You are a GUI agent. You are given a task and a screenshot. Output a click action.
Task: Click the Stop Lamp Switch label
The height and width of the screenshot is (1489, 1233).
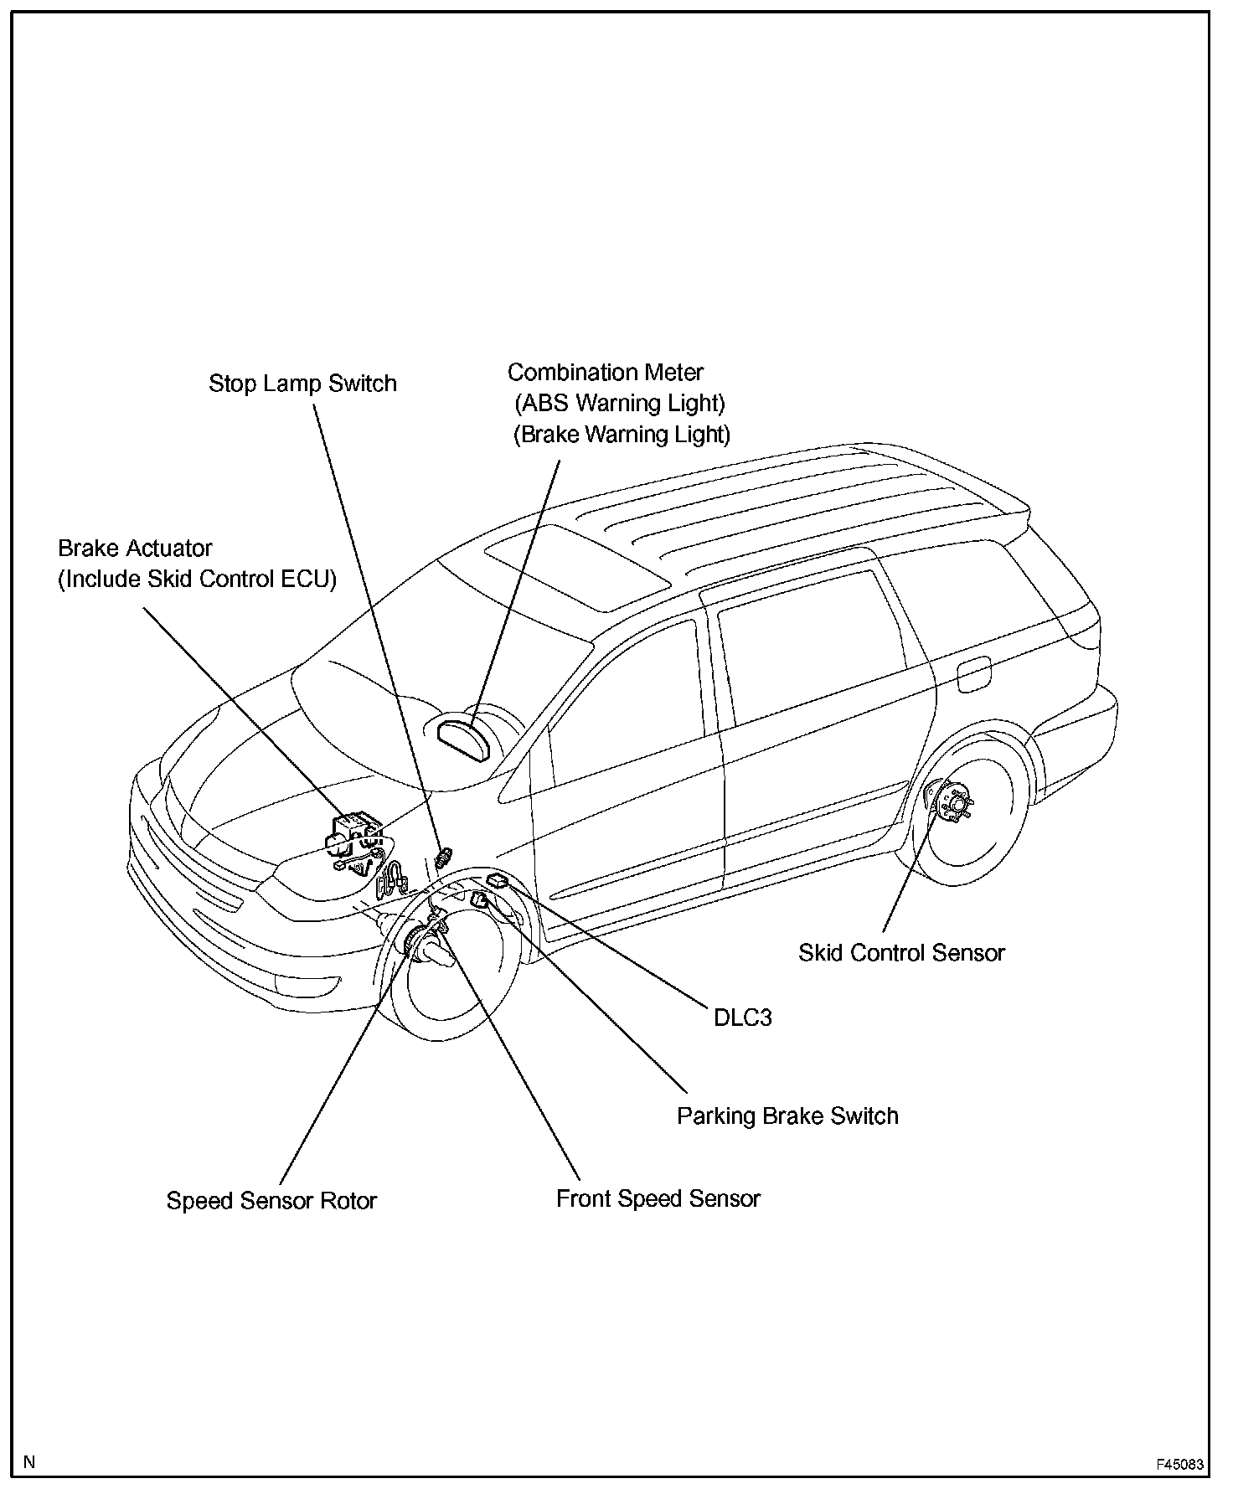click(302, 384)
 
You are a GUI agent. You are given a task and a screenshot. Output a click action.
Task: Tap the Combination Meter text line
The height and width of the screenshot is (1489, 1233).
click(605, 372)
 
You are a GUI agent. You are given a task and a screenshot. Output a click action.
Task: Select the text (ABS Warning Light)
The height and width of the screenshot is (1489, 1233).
click(619, 403)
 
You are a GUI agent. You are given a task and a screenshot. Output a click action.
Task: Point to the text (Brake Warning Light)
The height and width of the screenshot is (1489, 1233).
click(622, 434)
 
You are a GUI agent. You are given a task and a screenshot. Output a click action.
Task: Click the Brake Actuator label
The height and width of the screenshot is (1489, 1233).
click(135, 548)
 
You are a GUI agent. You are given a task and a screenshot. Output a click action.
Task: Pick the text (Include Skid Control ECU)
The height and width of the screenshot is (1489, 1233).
click(197, 579)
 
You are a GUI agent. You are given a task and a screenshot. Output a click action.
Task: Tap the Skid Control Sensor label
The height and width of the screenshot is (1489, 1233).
click(901, 952)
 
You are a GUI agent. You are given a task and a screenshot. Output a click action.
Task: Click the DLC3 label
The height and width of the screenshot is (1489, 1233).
click(742, 1018)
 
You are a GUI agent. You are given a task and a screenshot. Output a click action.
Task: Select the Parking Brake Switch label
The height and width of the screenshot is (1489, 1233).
click(787, 1115)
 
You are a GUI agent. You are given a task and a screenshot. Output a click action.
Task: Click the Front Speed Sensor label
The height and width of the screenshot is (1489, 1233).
click(658, 1198)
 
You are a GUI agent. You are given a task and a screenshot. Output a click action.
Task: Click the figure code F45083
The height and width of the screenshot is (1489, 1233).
click(1180, 1465)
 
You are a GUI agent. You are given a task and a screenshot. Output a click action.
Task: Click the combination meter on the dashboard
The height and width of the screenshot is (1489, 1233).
click(466, 734)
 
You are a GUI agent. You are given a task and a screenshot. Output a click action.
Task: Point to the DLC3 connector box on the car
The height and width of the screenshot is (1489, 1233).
click(498, 880)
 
